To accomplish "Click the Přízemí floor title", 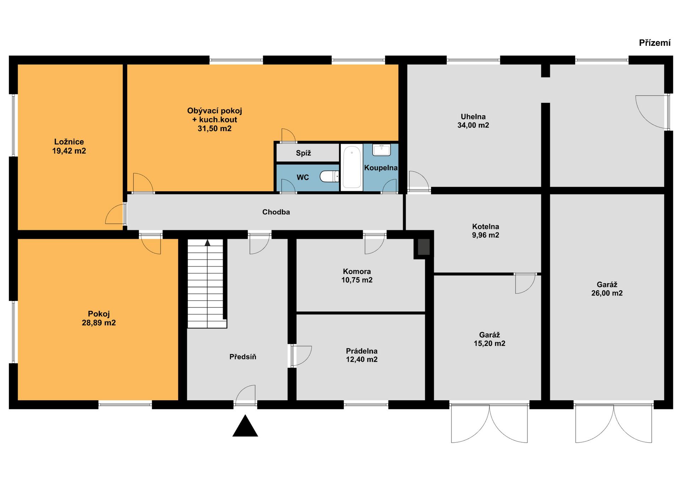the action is [655, 43].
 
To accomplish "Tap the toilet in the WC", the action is [329, 176].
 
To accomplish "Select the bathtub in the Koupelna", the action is [352, 167].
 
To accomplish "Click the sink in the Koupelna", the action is [381, 150].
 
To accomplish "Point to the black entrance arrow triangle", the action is [245, 426].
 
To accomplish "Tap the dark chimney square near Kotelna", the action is [423, 247].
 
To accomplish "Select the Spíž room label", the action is [303, 153].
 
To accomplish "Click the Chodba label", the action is [276, 212].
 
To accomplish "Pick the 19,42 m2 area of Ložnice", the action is [69, 151].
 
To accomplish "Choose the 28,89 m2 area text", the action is [99, 323].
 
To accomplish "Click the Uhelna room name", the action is [473, 116].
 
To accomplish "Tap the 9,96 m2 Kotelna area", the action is [486, 235].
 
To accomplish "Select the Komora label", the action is [357, 271].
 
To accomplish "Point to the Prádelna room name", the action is [362, 351].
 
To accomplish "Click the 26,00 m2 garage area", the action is [607, 293].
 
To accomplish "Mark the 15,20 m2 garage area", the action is [489, 343].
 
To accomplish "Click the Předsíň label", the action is [243, 357].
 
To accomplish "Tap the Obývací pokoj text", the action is [215, 110].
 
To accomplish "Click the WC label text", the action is [303, 177].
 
